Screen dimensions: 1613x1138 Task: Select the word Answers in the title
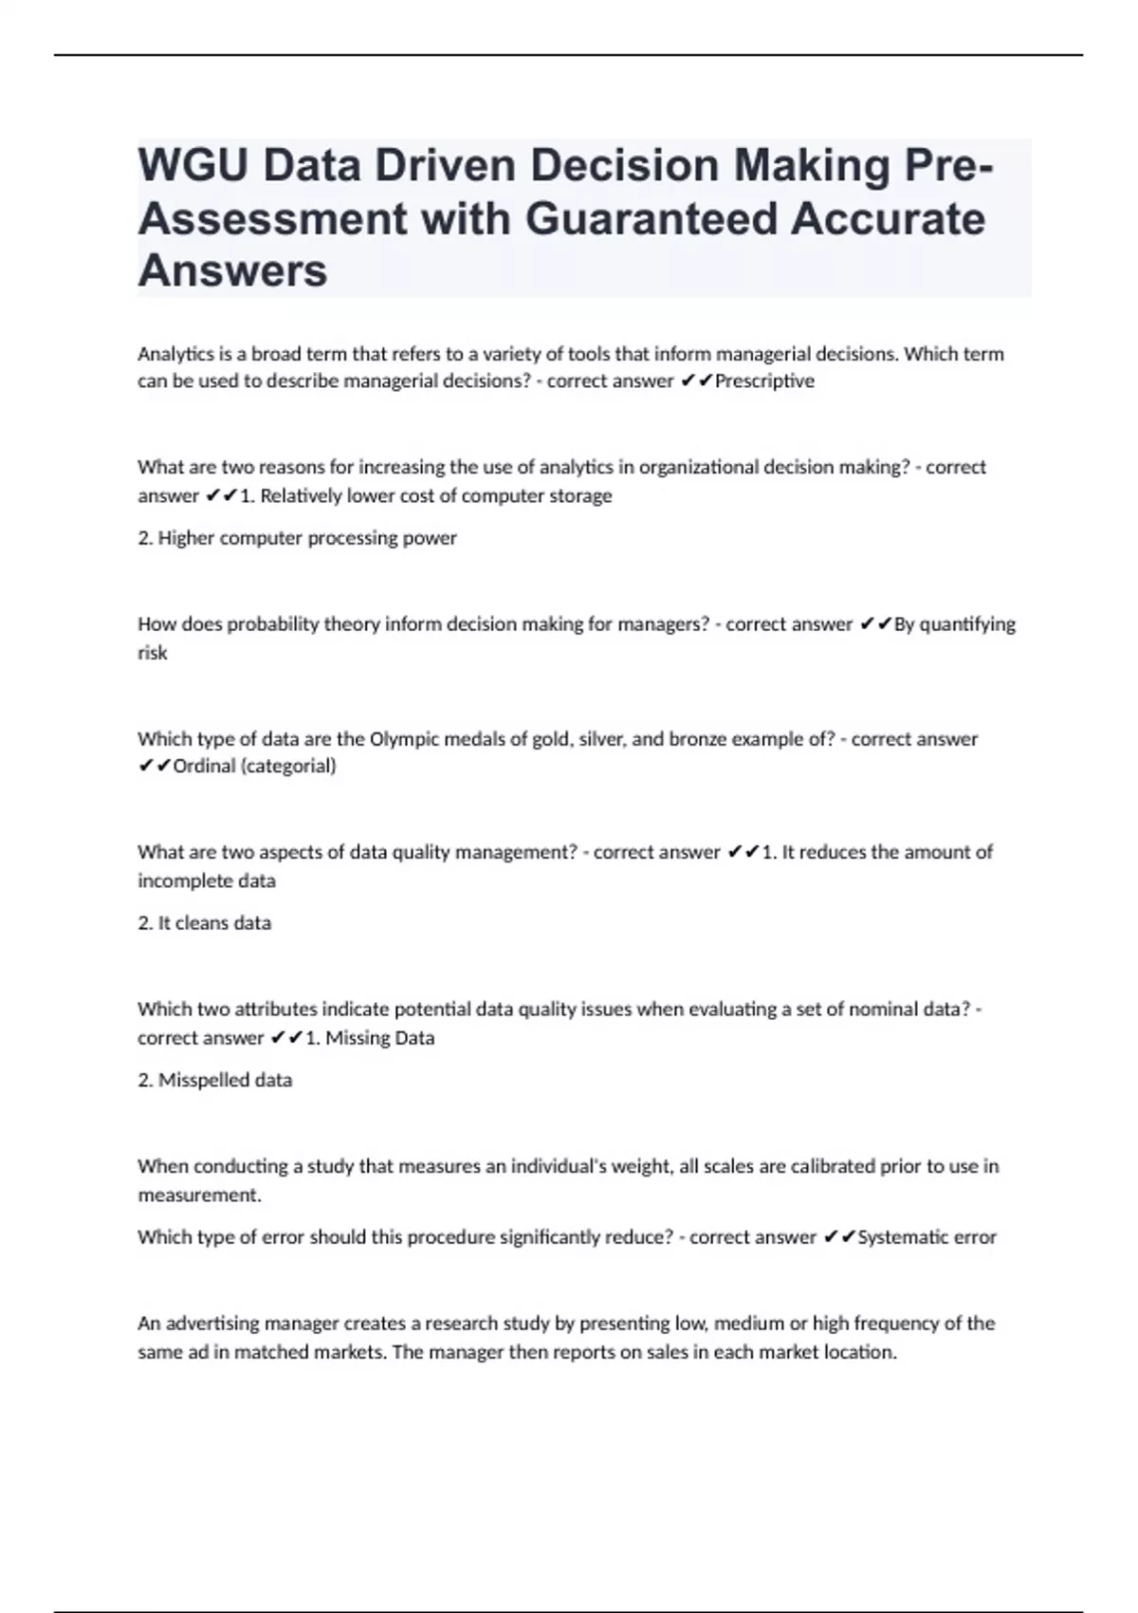click(232, 271)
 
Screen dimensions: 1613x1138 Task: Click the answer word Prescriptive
click(764, 381)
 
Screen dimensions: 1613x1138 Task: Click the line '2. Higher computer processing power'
click(297, 538)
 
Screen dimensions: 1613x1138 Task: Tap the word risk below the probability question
click(152, 653)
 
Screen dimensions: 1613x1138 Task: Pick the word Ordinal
click(204, 766)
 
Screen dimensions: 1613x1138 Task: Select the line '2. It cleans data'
click(204, 923)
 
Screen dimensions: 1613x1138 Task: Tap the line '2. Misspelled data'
click(214, 1080)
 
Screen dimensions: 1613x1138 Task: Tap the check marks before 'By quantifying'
click(874, 624)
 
